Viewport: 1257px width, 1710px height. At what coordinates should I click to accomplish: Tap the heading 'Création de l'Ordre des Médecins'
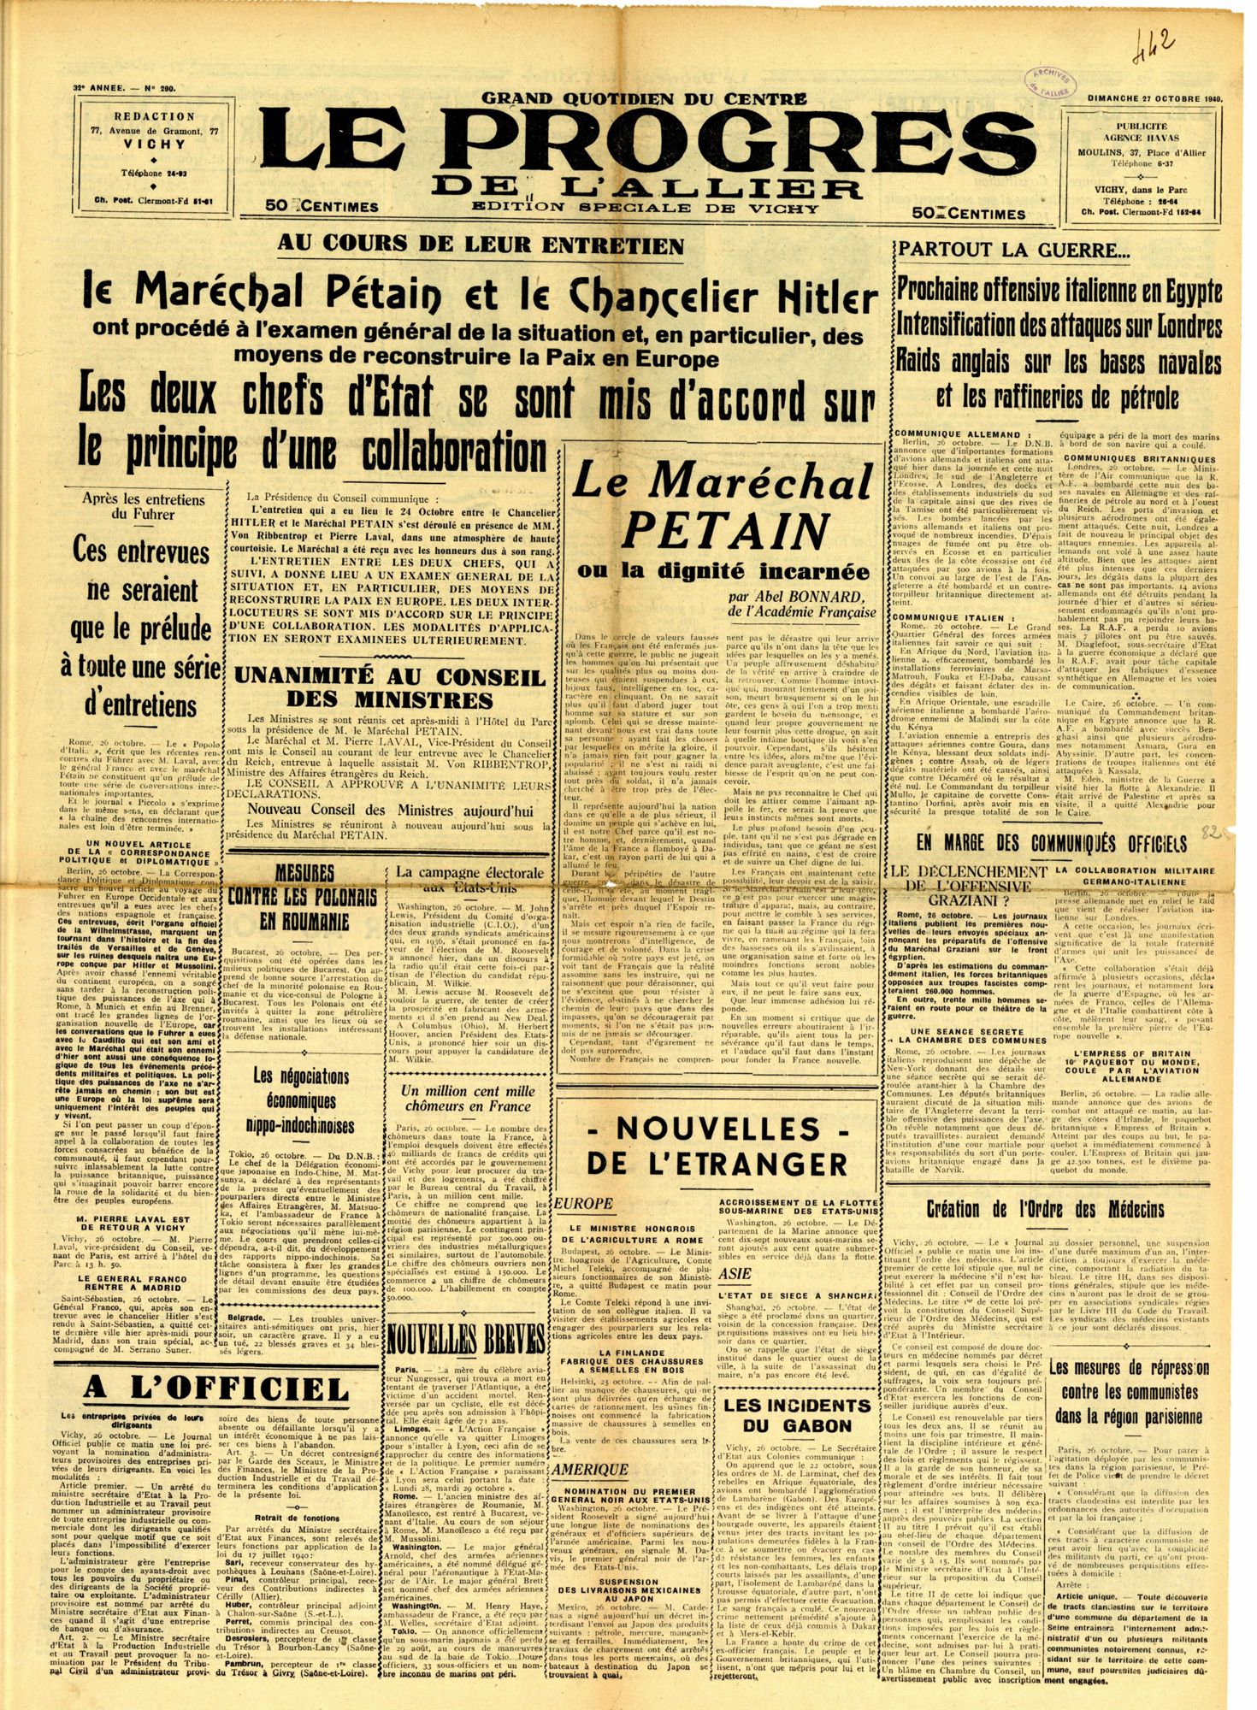pyautogui.click(x=1046, y=1209)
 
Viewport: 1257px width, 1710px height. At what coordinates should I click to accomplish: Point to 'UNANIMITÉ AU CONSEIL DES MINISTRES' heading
pyautogui.click(x=391, y=687)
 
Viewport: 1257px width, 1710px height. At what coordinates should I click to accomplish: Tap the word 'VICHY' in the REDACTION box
pyautogui.click(x=154, y=144)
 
